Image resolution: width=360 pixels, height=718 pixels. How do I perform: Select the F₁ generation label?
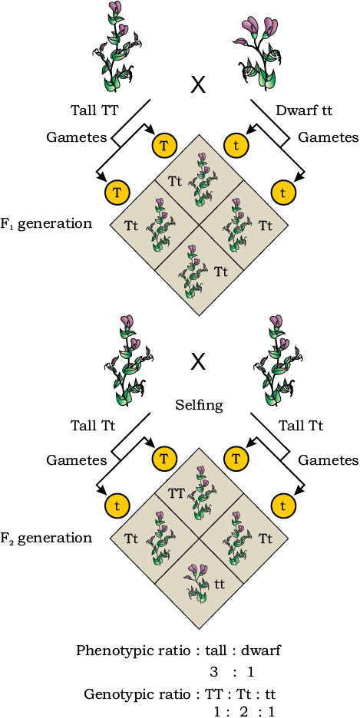(x=46, y=224)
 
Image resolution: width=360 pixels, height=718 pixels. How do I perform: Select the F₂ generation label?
(x=46, y=537)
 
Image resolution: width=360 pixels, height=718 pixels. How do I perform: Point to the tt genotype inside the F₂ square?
(x=220, y=584)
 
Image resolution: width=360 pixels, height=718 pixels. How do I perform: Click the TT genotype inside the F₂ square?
(x=176, y=493)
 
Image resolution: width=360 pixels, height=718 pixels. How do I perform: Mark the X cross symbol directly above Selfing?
(x=198, y=363)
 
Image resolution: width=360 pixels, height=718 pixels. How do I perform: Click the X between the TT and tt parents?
(x=198, y=85)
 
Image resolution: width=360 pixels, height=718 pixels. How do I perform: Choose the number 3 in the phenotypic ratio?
(x=213, y=672)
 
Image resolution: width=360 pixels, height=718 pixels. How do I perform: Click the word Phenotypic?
(x=105, y=651)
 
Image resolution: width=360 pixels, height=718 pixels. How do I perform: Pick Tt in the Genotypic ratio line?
(x=243, y=694)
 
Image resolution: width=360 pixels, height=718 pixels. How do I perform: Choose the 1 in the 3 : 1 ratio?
(x=250, y=672)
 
